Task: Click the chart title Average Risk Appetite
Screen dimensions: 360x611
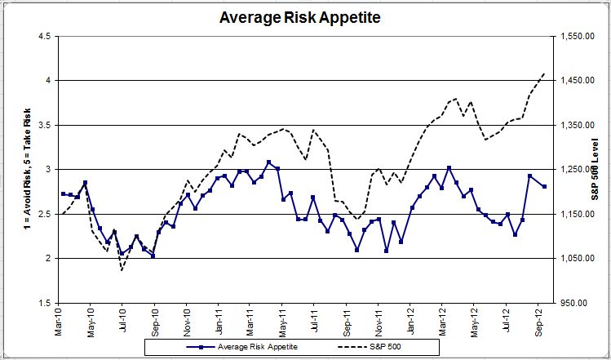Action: [x=300, y=16]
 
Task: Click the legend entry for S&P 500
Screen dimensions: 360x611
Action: [x=384, y=347]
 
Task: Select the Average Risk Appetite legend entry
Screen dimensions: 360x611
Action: [x=249, y=347]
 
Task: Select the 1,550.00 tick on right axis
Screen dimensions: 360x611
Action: [x=577, y=36]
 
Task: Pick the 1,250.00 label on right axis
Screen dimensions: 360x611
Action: [x=577, y=170]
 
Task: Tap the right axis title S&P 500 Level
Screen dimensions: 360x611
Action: [x=595, y=170]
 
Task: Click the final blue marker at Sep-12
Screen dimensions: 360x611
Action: [x=544, y=187]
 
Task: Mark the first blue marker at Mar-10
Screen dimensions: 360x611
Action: [x=63, y=193]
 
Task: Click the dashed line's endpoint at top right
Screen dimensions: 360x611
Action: [x=545, y=73]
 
